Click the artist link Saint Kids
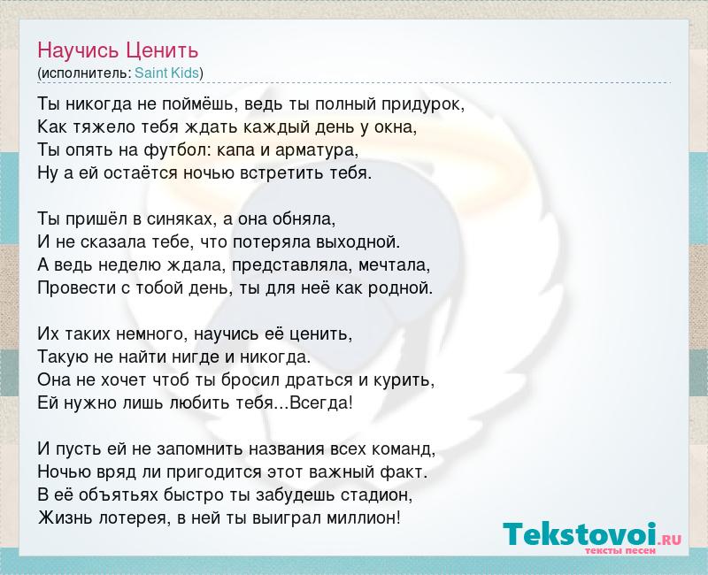click(167, 73)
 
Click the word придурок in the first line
click(423, 104)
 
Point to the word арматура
click(317, 150)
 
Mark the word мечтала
click(394, 265)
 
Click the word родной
click(401, 288)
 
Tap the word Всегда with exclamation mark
click(320, 403)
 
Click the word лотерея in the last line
click(134, 518)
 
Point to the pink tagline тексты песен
click(620, 551)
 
